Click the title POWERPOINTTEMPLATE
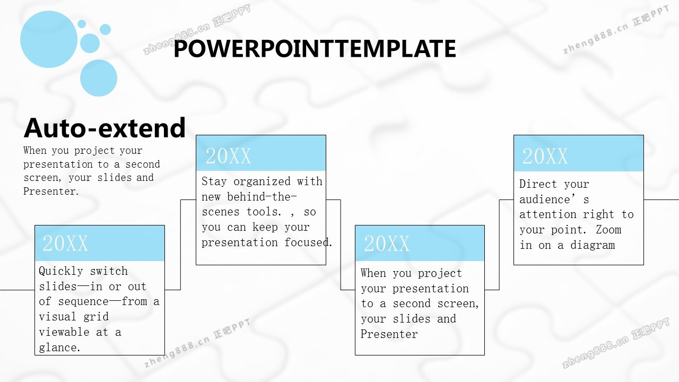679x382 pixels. (315, 48)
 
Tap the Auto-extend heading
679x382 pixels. (105, 128)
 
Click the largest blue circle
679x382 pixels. (49, 39)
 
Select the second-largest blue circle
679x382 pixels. (99, 78)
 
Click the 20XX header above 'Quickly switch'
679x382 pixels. (65, 243)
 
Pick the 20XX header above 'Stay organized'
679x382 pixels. (228, 156)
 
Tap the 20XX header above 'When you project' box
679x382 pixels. (387, 243)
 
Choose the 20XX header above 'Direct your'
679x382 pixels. (545, 156)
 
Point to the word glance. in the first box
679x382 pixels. (59, 348)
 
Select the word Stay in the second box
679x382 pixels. (214, 181)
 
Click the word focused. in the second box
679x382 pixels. (308, 242)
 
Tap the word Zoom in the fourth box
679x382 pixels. (608, 230)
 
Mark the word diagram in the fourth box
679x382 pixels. (593, 245)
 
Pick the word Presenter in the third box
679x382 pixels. (389, 334)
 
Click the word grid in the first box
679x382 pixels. (96, 317)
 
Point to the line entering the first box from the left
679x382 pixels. (18, 290)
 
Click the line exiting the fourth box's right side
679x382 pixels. (661, 200)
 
